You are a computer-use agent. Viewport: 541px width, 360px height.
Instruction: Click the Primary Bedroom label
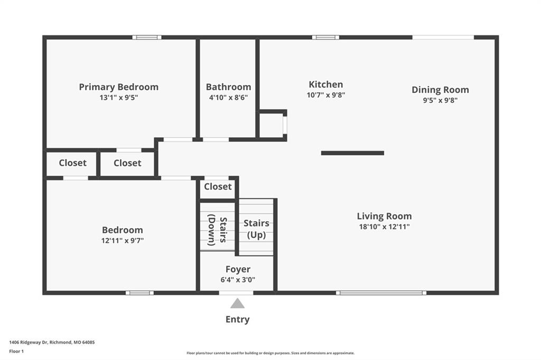[x=119, y=87]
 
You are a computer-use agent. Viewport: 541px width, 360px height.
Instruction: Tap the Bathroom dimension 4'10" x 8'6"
[x=228, y=98]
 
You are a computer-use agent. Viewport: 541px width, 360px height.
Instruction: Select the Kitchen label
[x=325, y=84]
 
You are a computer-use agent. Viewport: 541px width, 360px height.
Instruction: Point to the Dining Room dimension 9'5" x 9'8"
[x=440, y=100]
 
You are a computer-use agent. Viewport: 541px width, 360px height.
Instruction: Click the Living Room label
[x=385, y=216]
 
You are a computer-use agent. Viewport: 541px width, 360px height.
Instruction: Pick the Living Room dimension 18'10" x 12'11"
[x=385, y=226]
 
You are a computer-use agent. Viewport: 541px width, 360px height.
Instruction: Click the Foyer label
[x=238, y=269]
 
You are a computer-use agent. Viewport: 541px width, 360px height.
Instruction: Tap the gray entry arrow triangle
[x=237, y=304]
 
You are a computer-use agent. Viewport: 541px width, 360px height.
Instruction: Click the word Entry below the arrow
[x=237, y=319]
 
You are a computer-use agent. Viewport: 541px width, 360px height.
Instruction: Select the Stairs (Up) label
[x=256, y=229]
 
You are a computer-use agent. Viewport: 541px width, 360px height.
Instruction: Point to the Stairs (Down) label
[x=217, y=230]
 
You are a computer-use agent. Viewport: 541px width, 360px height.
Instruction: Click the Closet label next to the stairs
[x=218, y=186]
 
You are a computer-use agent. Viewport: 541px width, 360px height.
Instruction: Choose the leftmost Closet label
[x=72, y=163]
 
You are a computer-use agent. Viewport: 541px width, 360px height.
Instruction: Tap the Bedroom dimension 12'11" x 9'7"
[x=123, y=240]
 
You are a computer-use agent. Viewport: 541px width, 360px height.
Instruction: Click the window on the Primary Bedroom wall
[x=147, y=37]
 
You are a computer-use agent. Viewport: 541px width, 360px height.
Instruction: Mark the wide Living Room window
[x=381, y=293]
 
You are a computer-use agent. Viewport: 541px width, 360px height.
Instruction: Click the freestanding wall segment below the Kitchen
[x=352, y=153]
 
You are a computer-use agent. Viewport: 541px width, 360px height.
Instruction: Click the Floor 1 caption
[x=16, y=352]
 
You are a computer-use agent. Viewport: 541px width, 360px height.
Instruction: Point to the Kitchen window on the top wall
[x=325, y=37]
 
